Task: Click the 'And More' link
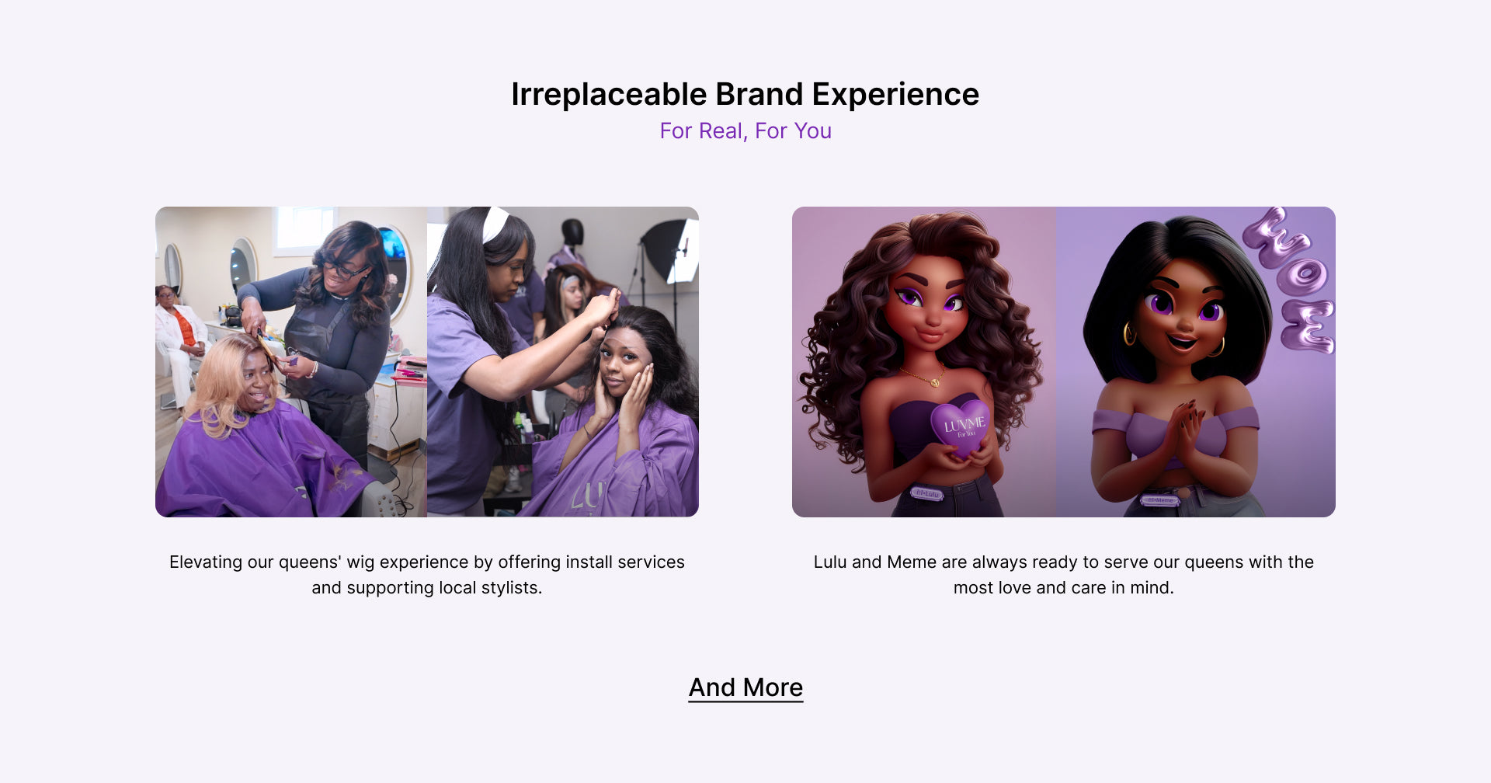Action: pyautogui.click(x=745, y=687)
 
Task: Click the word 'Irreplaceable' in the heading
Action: pyautogui.click(x=609, y=94)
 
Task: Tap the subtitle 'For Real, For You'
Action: pyautogui.click(x=745, y=130)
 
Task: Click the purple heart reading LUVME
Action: pyautogui.click(x=961, y=426)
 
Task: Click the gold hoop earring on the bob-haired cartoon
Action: pyautogui.click(x=1129, y=334)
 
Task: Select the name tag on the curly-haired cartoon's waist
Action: pyautogui.click(x=926, y=492)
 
